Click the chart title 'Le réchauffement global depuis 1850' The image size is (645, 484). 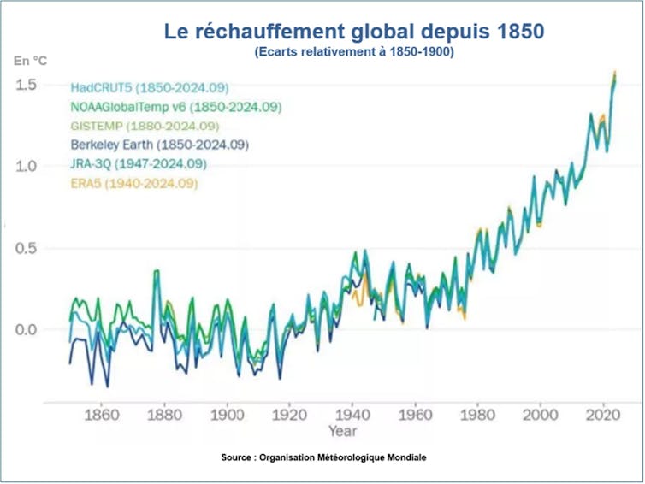tap(353, 32)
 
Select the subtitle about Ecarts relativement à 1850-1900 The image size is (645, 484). tap(353, 51)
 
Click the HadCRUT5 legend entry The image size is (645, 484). tap(150, 88)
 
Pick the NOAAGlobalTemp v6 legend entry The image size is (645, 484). tap(176, 107)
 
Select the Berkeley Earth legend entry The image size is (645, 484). tap(160, 145)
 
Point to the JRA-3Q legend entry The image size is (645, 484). tap(139, 163)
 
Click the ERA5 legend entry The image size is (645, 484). tap(133, 183)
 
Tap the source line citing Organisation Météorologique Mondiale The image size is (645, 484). tap(323, 457)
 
